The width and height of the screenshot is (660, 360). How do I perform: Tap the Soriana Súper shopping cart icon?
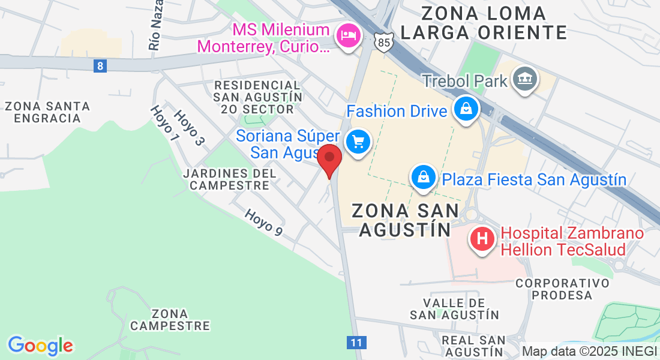(x=359, y=142)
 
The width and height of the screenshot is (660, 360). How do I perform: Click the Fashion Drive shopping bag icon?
(x=466, y=109)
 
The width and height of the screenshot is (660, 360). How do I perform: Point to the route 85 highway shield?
(x=382, y=43)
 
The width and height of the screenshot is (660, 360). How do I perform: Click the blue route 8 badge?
(x=100, y=66)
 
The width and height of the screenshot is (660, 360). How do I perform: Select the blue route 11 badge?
(x=356, y=343)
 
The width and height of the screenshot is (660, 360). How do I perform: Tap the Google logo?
(x=40, y=346)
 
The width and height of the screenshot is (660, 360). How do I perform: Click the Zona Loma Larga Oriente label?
(x=483, y=22)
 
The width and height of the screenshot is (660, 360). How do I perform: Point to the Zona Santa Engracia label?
(x=47, y=112)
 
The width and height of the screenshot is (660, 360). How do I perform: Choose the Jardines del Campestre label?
(x=230, y=179)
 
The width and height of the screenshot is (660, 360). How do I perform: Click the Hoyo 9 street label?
(x=263, y=221)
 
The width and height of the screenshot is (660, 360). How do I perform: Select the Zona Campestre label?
(x=170, y=320)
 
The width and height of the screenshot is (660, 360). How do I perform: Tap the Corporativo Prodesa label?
(x=562, y=289)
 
